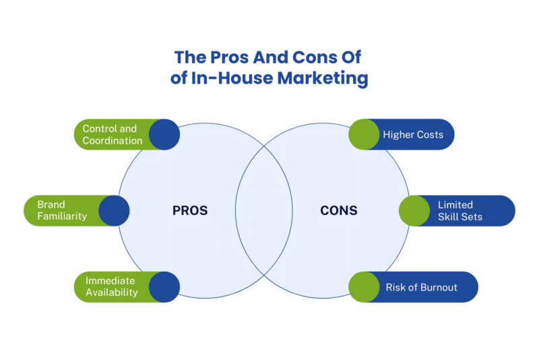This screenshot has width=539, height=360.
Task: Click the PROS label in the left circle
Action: click(x=190, y=210)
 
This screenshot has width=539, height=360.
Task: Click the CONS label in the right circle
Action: click(x=338, y=210)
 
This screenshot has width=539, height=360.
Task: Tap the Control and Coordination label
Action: click(x=110, y=135)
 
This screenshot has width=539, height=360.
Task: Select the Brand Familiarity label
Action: click(x=62, y=210)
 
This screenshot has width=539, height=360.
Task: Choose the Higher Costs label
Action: click(x=413, y=135)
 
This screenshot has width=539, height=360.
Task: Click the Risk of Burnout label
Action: click(x=421, y=287)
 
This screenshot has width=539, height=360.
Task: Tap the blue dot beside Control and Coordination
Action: click(x=164, y=135)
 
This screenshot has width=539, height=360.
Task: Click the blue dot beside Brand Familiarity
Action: click(x=114, y=210)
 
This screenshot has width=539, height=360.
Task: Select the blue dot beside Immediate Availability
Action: click(x=164, y=287)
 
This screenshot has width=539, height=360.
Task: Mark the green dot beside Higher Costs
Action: click(x=364, y=135)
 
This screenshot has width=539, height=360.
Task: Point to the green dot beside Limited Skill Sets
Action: click(x=414, y=210)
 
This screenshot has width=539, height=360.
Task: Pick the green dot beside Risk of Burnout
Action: click(x=364, y=287)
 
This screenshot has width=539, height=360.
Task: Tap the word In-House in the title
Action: click(x=227, y=78)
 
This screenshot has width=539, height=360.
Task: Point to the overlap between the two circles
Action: click(x=264, y=210)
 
